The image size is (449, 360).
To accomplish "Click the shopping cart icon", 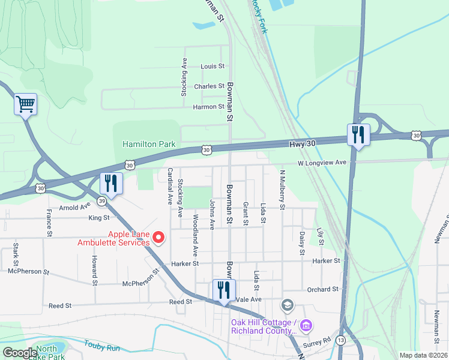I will coord(25,105).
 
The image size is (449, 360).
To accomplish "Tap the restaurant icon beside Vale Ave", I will coord(224,290).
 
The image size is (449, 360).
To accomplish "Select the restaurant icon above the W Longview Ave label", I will coord(358,134).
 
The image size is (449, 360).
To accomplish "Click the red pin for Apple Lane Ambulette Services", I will coord(158,238).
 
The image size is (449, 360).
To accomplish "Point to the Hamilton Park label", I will coord(149,145).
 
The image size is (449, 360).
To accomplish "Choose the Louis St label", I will coord(212,67).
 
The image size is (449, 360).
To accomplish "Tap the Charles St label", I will coord(209,86).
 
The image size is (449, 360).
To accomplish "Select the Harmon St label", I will coord(208,107).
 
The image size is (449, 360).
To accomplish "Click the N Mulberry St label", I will coord(282,190).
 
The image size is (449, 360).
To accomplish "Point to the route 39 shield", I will coord(103,200).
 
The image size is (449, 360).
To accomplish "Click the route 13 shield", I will coord(341,341).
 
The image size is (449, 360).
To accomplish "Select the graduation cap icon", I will coord(288,307).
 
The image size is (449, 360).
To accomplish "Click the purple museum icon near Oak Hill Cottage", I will coord(306,325).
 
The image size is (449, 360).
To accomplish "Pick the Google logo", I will coord(20,353).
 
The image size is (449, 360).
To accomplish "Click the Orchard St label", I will coord(323,290).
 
